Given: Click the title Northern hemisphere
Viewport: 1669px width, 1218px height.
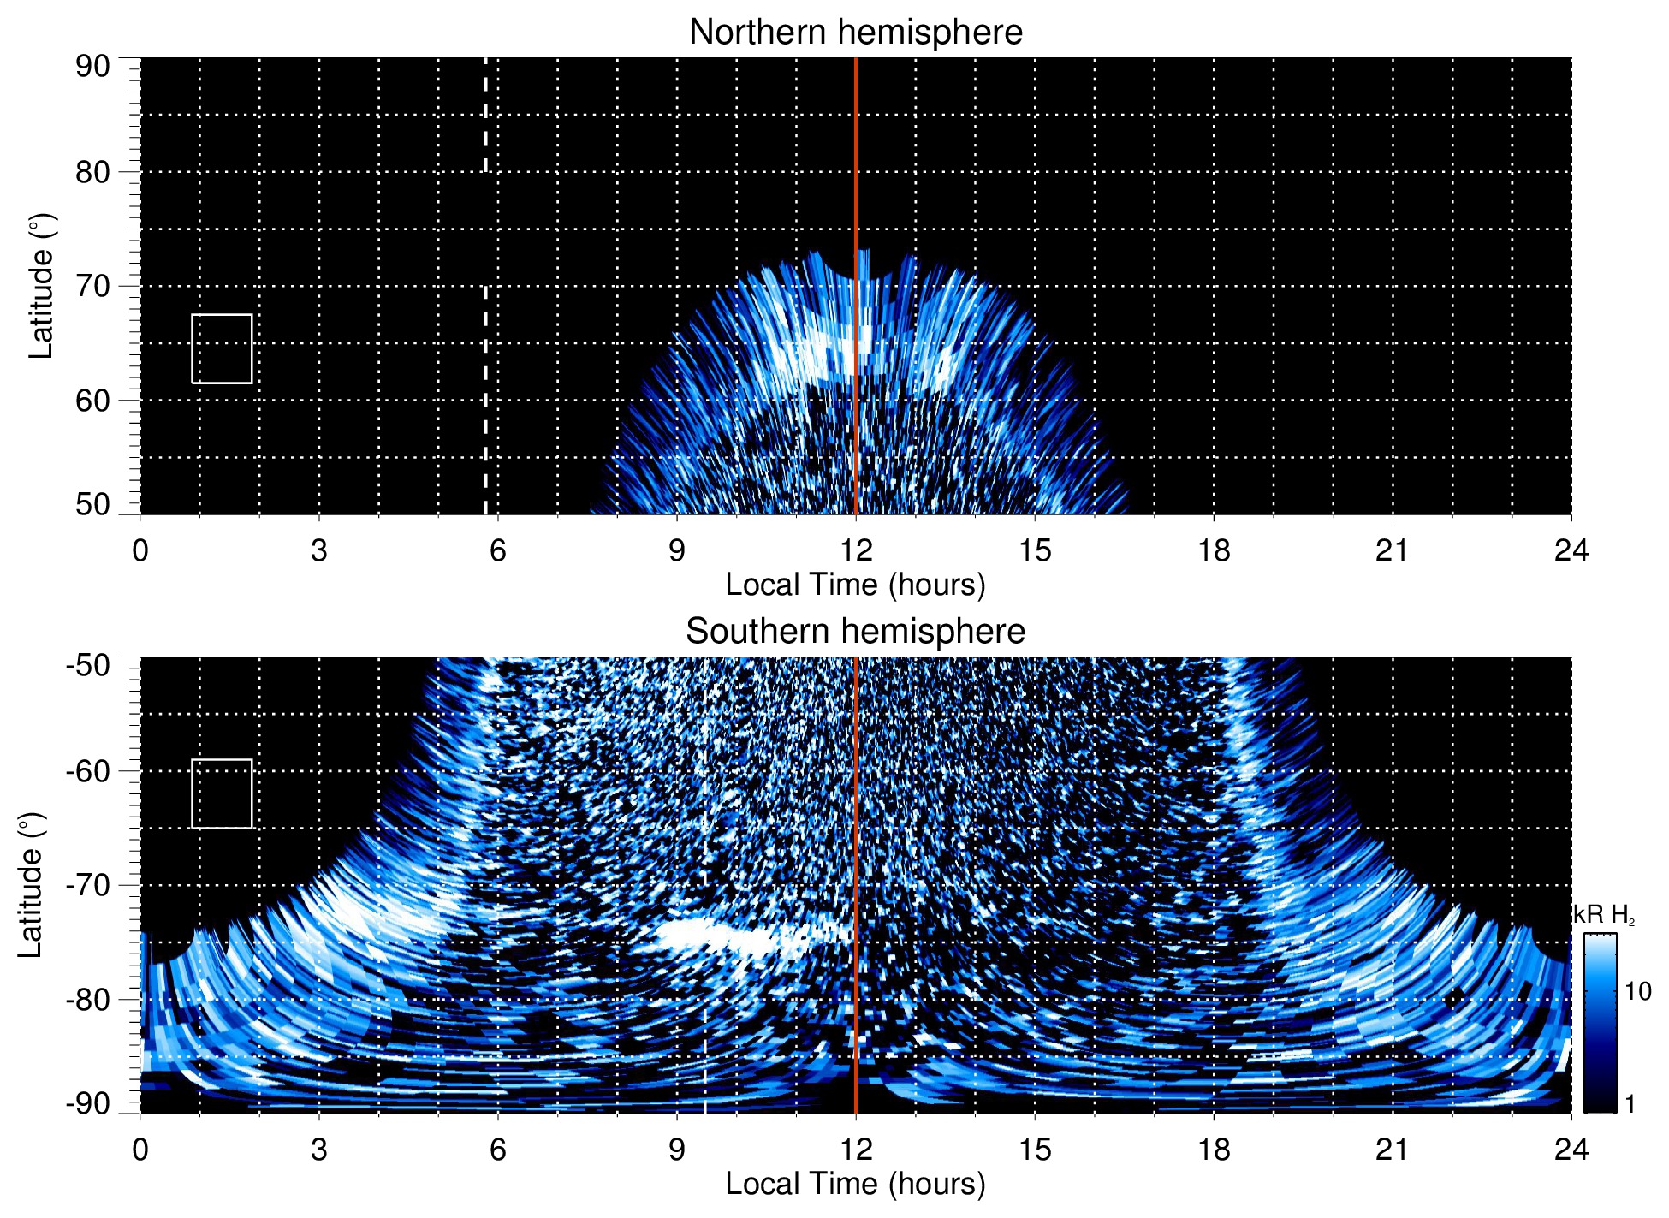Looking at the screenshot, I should [x=855, y=33].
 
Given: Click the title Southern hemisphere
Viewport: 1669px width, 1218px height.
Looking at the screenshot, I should [x=855, y=632].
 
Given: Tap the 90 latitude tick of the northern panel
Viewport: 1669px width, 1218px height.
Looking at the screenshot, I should [x=92, y=67].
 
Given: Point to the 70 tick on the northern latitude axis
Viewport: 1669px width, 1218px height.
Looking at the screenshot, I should [x=92, y=286].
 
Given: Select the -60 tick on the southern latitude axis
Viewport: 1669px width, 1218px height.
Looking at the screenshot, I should [x=88, y=771].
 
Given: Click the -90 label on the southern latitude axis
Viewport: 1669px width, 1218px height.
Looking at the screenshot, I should [x=88, y=1103].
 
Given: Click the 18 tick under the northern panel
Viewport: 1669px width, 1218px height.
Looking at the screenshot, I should [x=1214, y=550].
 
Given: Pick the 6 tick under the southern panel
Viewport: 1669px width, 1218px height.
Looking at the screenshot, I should [x=497, y=1150].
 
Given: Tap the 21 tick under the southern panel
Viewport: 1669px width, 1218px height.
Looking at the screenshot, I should [x=1393, y=1150].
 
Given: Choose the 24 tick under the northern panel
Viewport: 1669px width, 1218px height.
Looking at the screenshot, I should [x=1571, y=550].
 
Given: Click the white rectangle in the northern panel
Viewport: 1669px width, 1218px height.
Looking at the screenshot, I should [x=222, y=348].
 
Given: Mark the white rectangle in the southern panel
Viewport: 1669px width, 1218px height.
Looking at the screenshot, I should [x=222, y=793].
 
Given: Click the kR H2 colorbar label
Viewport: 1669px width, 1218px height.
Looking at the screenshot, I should [x=1603, y=915].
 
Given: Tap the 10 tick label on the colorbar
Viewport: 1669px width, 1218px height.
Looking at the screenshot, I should [x=1637, y=992].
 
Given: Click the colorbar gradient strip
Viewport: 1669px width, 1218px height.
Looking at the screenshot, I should [x=1600, y=1023].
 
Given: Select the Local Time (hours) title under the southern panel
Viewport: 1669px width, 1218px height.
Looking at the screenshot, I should [x=855, y=1184].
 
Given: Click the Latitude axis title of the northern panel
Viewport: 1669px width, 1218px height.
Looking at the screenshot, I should [x=41, y=286].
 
